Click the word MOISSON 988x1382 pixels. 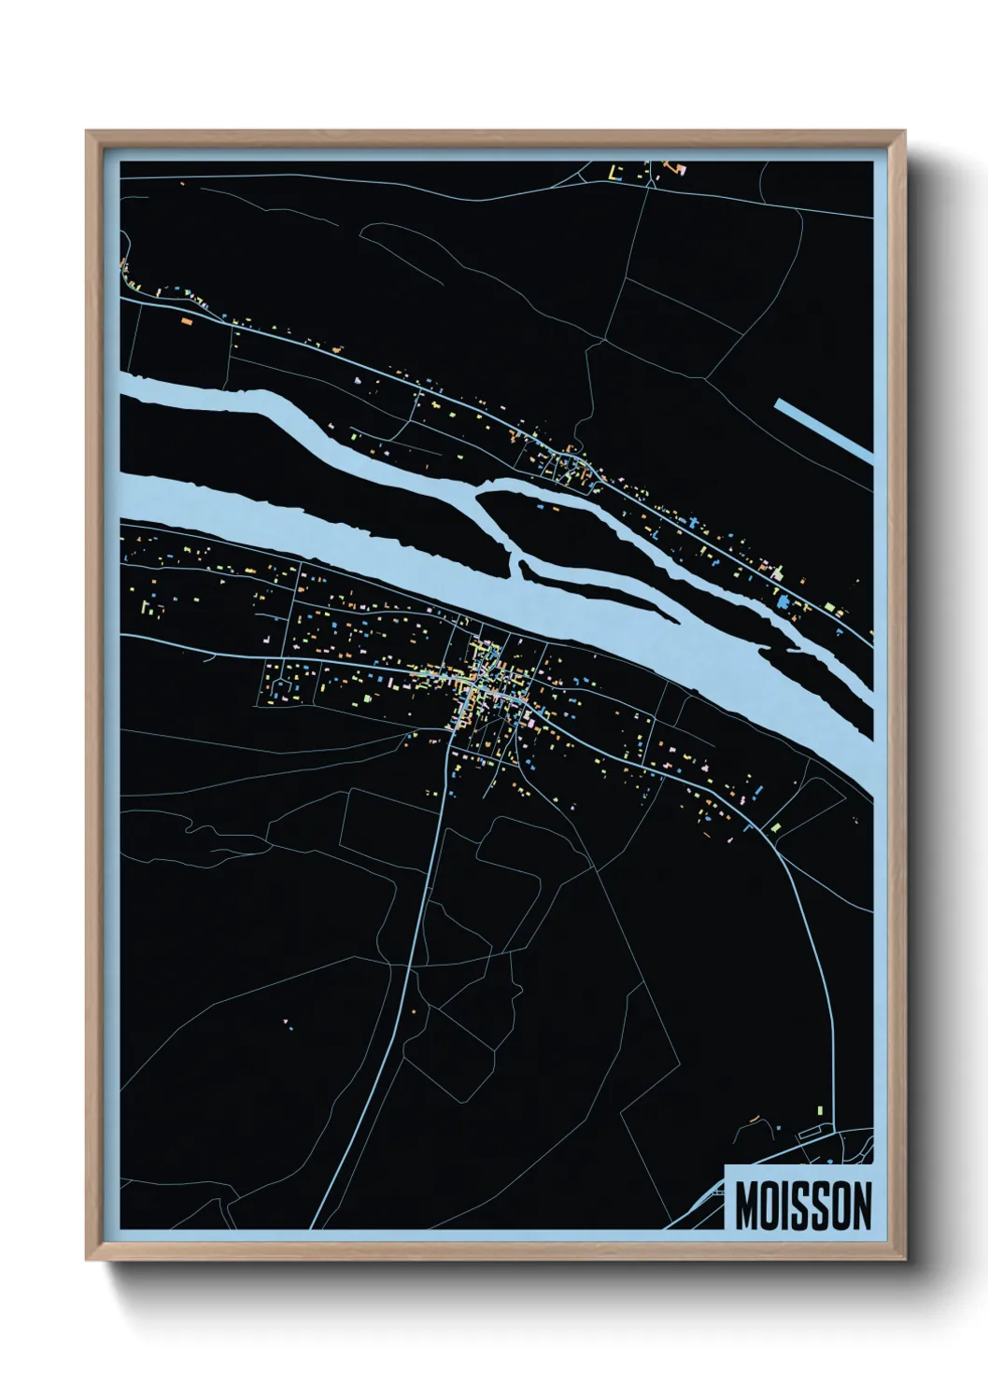click(x=802, y=1206)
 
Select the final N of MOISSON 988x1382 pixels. click(x=860, y=1206)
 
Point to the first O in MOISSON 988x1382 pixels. click(x=771, y=1206)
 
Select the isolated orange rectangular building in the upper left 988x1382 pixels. click(x=186, y=321)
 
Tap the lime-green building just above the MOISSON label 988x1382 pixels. click(x=820, y=1109)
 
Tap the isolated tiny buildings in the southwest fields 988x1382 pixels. click(x=288, y=1024)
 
